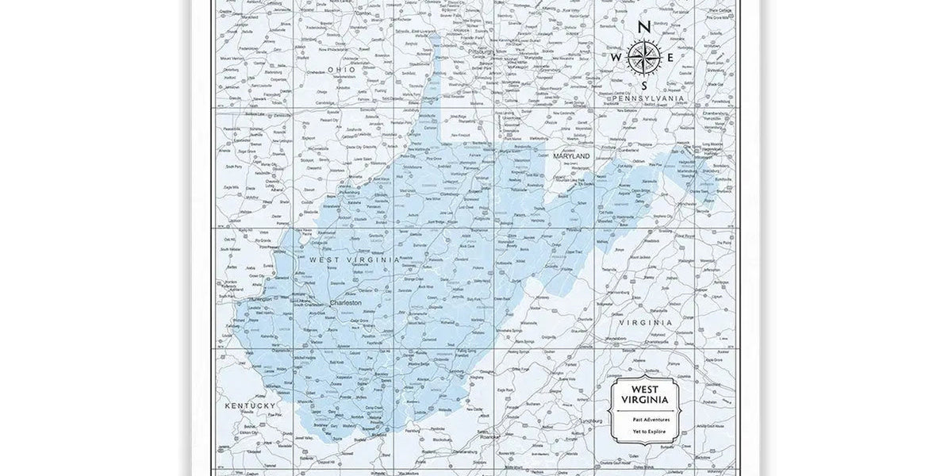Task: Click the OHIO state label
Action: pos(342,70)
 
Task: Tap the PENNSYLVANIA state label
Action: pos(644,98)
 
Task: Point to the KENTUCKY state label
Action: pos(249,405)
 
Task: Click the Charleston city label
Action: pos(345,302)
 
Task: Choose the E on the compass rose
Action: pos(670,57)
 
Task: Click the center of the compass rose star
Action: pos(643,56)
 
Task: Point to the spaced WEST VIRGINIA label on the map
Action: pos(354,259)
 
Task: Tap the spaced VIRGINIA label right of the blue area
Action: pos(645,323)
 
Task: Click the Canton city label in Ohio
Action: pos(364,13)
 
